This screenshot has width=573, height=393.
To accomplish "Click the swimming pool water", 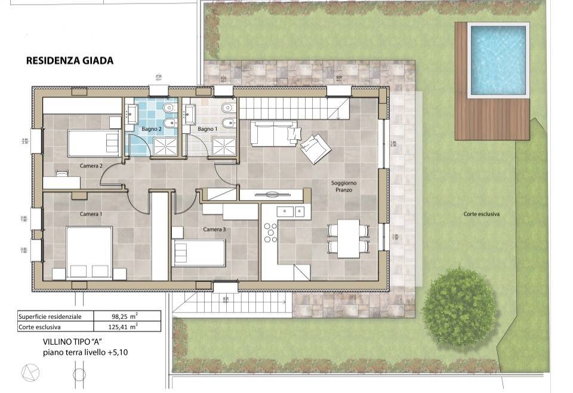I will click(499, 60).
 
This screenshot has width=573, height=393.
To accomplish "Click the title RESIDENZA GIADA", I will click(70, 61).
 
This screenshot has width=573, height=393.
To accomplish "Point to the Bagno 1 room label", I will click(207, 129).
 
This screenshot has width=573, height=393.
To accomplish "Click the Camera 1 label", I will click(91, 214).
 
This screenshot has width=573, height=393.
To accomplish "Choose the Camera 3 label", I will click(214, 229).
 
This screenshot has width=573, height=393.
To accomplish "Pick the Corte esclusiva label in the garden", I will click(481, 214).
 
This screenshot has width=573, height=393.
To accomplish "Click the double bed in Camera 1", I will click(89, 252).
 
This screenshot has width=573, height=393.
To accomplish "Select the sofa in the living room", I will click(273, 133).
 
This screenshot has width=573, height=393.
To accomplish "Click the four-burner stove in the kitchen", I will click(271, 233).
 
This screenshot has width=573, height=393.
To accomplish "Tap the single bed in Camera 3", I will click(199, 253).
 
